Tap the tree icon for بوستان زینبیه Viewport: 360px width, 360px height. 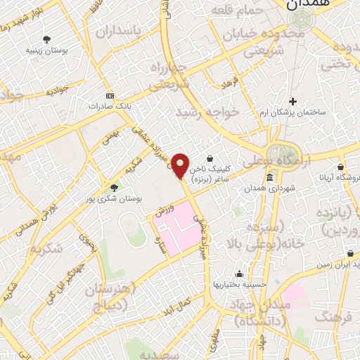[x=48, y=39]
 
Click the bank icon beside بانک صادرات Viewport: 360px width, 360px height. [x=110, y=95]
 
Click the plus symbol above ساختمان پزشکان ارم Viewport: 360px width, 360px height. [x=293, y=101]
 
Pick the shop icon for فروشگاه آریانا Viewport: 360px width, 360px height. [x=340, y=167]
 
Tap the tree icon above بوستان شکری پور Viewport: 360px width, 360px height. [x=114, y=187]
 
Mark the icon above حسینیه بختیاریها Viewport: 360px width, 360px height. [x=240, y=274]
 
